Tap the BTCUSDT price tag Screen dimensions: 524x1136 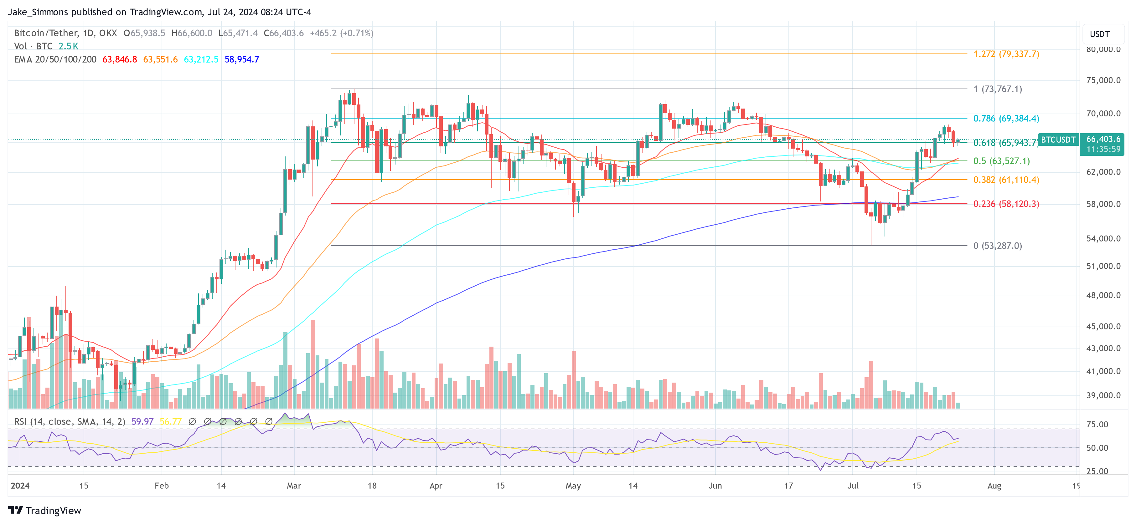tap(1058, 140)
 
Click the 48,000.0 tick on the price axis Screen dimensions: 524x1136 tap(1103, 295)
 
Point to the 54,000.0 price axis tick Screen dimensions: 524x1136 tap(1103, 238)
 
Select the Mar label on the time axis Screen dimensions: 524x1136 tap(294, 486)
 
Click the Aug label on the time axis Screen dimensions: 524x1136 tap(994, 486)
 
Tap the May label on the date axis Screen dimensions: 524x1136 tap(573, 486)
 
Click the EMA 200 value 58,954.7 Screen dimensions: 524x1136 tap(242, 59)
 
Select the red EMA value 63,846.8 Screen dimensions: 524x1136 tap(120, 59)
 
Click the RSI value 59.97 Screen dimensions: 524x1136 tap(142, 422)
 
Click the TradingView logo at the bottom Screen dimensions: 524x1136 tap(44, 510)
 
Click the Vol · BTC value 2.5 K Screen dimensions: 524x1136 tap(68, 46)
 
